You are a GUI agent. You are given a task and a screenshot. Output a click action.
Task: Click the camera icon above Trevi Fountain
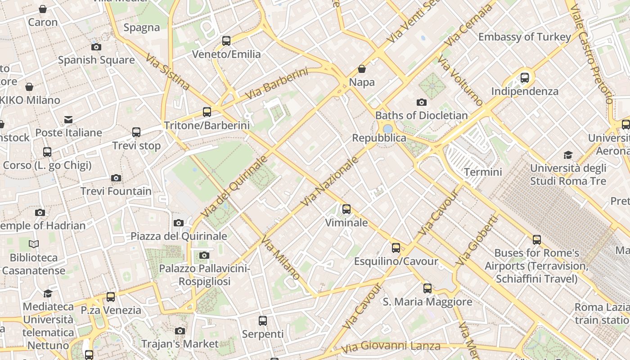[116, 178]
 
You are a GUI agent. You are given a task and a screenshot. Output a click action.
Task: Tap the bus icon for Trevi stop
[136, 132]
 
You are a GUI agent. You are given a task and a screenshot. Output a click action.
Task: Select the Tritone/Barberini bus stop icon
[207, 112]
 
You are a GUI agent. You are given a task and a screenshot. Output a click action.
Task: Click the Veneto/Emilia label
[226, 54]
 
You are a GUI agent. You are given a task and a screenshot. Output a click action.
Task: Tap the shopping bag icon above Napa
[362, 69]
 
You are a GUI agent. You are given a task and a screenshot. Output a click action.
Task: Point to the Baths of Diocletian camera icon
[422, 102]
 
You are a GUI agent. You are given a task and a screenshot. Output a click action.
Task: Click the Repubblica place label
[379, 138]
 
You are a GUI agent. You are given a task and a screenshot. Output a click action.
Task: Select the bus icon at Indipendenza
[525, 78]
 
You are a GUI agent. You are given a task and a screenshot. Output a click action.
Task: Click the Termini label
[483, 172]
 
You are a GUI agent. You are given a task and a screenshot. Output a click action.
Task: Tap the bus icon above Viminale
[346, 209]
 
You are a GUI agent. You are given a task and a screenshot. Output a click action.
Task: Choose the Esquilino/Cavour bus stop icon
[396, 248]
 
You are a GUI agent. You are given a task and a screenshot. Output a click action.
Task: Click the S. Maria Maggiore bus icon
[427, 288]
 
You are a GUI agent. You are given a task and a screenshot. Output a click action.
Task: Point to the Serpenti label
[263, 334]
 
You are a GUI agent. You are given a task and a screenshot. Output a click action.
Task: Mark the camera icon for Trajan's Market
[180, 331]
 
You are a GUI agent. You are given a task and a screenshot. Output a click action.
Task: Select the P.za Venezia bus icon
[111, 297]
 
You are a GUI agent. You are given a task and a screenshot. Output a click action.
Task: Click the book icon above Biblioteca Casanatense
[34, 244]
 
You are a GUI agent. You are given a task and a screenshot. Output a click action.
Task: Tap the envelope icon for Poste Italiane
[68, 119]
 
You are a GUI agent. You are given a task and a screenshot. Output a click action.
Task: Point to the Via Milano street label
[280, 257]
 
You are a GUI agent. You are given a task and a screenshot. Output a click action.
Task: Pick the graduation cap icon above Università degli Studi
[568, 155]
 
